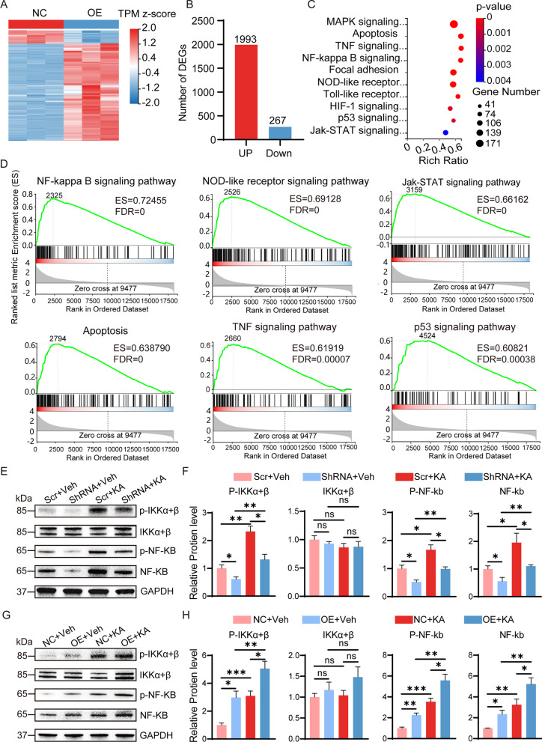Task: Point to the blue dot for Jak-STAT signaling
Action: (x=445, y=131)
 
